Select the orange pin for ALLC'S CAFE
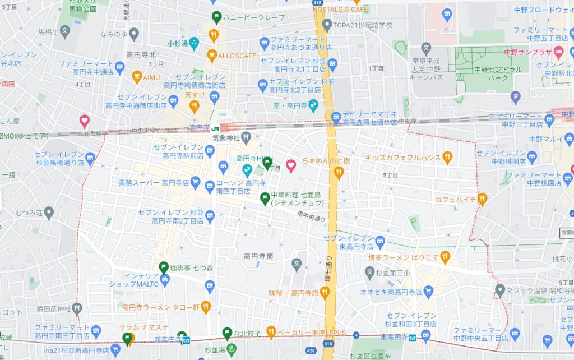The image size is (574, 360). point(212,56)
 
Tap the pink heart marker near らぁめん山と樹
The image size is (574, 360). point(291,165)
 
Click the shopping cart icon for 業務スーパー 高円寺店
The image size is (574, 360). point(195,182)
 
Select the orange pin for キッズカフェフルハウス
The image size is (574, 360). point(447,158)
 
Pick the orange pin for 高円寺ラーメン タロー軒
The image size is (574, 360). point(205,307)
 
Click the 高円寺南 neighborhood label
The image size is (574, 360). point(258,256)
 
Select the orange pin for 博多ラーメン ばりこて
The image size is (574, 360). point(445,257)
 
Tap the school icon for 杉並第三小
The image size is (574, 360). point(369,273)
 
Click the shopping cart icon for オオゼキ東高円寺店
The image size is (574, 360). point(429,291)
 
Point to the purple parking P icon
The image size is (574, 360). point(516,99)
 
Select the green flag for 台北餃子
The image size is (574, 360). point(227,333)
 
